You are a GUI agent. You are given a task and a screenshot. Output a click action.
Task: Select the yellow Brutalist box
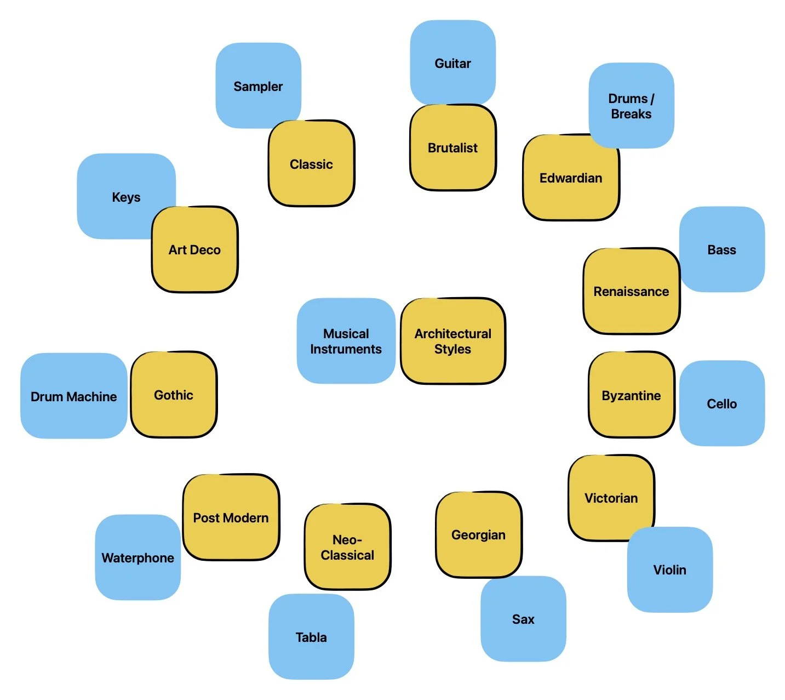coord(452,147)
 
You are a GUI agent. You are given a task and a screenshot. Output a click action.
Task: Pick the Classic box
coord(311,164)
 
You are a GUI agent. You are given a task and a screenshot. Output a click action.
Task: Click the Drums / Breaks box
coord(631,106)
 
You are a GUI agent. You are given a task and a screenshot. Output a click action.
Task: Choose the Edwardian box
coord(570,178)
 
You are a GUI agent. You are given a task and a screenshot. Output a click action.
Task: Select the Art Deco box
coord(194,250)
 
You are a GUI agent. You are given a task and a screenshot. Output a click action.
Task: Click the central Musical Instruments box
coord(346,341)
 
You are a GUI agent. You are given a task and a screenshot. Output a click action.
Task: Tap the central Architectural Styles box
coord(452,341)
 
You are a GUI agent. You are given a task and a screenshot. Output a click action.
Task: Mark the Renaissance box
coord(631,292)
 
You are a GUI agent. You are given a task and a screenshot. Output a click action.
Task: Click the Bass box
coord(721,250)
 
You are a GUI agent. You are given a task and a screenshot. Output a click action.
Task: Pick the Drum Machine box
coord(73,396)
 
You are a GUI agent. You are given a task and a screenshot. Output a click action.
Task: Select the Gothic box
coord(174,395)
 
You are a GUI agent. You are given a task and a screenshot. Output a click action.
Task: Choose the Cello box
coord(721,403)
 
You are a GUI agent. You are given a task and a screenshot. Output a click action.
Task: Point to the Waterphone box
coord(137,557)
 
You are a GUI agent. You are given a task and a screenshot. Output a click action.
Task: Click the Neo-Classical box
coord(347,547)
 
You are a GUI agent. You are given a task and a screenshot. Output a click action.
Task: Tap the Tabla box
coord(311,637)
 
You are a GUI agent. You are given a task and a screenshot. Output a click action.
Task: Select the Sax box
coord(523,619)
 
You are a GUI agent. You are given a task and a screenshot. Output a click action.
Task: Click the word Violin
coord(669,570)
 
